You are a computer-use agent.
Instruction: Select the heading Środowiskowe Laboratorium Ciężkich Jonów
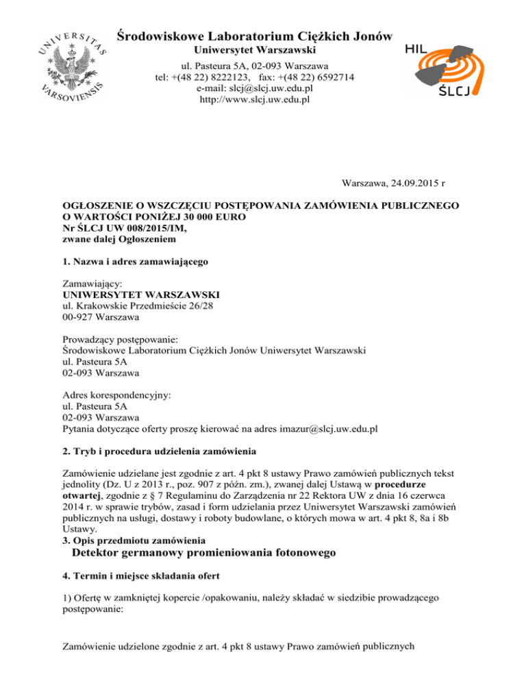[x=254, y=35]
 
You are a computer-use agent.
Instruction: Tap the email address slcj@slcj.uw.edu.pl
[x=253, y=88]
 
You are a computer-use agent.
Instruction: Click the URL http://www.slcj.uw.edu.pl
[x=254, y=99]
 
